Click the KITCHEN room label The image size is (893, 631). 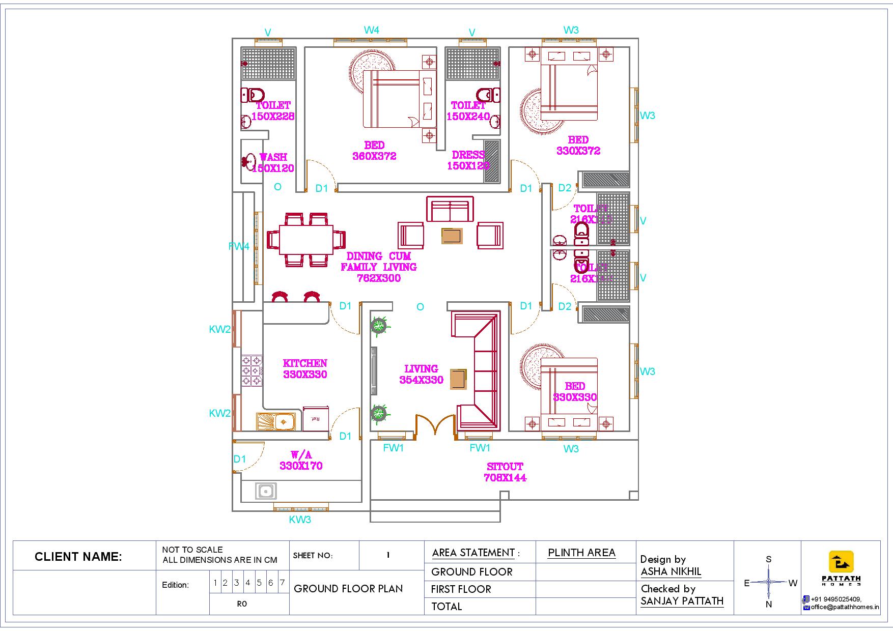pyautogui.click(x=305, y=364)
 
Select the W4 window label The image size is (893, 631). pyautogui.click(x=371, y=30)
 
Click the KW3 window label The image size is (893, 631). pyautogui.click(x=300, y=520)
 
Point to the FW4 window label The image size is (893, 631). pyautogui.click(x=239, y=246)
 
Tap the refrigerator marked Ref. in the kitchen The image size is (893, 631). pyautogui.click(x=316, y=419)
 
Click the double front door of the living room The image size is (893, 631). pyautogui.click(x=435, y=426)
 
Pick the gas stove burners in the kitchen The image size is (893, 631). pyautogui.click(x=252, y=370)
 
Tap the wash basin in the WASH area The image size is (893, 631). pyautogui.click(x=248, y=161)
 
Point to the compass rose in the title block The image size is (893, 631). pyautogui.click(x=769, y=582)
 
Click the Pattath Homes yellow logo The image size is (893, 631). pyautogui.click(x=841, y=562)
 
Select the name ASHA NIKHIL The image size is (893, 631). pyautogui.click(x=671, y=571)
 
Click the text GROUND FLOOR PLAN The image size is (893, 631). pyautogui.click(x=348, y=589)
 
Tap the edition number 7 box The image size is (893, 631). pyautogui.click(x=282, y=583)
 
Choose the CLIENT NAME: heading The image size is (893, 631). pyautogui.click(x=78, y=557)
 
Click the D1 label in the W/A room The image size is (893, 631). pyautogui.click(x=240, y=459)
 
